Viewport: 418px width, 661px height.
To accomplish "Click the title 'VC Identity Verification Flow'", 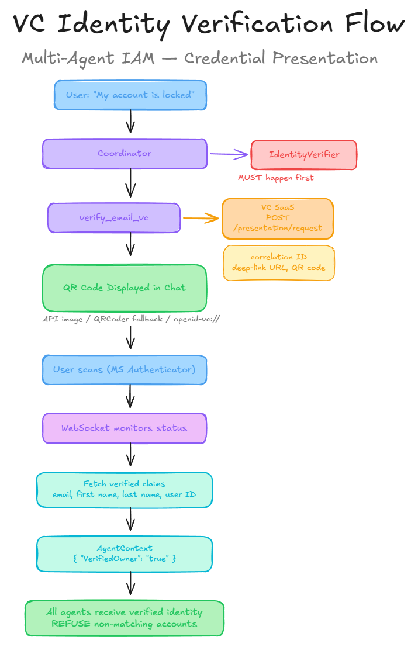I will pos(209,25).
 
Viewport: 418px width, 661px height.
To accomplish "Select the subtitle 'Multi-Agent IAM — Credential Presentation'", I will pos(199,58).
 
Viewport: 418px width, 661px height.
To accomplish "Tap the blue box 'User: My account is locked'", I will pos(130,95).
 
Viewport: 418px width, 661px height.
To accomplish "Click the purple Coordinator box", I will pos(125,154).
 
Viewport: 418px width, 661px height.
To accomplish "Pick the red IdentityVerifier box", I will pos(303,155).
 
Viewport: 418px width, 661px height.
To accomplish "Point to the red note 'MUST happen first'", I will pos(275,178).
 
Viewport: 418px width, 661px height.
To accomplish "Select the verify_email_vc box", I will pos(114,218).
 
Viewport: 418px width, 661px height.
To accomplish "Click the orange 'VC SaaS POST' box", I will pos(278,218).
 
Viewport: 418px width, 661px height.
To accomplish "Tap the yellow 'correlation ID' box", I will pos(279,262).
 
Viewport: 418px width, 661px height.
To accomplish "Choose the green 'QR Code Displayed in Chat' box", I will pos(125,288).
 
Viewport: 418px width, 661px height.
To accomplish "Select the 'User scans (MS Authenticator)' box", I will pos(125,370).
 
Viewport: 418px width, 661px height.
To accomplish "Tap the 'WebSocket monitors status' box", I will pos(125,428).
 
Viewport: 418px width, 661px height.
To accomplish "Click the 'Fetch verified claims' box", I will pos(125,489).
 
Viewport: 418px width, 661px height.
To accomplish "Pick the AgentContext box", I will pos(125,553).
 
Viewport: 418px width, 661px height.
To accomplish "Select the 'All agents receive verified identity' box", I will pos(125,618).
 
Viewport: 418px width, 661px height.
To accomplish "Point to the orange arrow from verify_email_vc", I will pos(201,219).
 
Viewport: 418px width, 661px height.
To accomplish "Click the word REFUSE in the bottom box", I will pos(68,624).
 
